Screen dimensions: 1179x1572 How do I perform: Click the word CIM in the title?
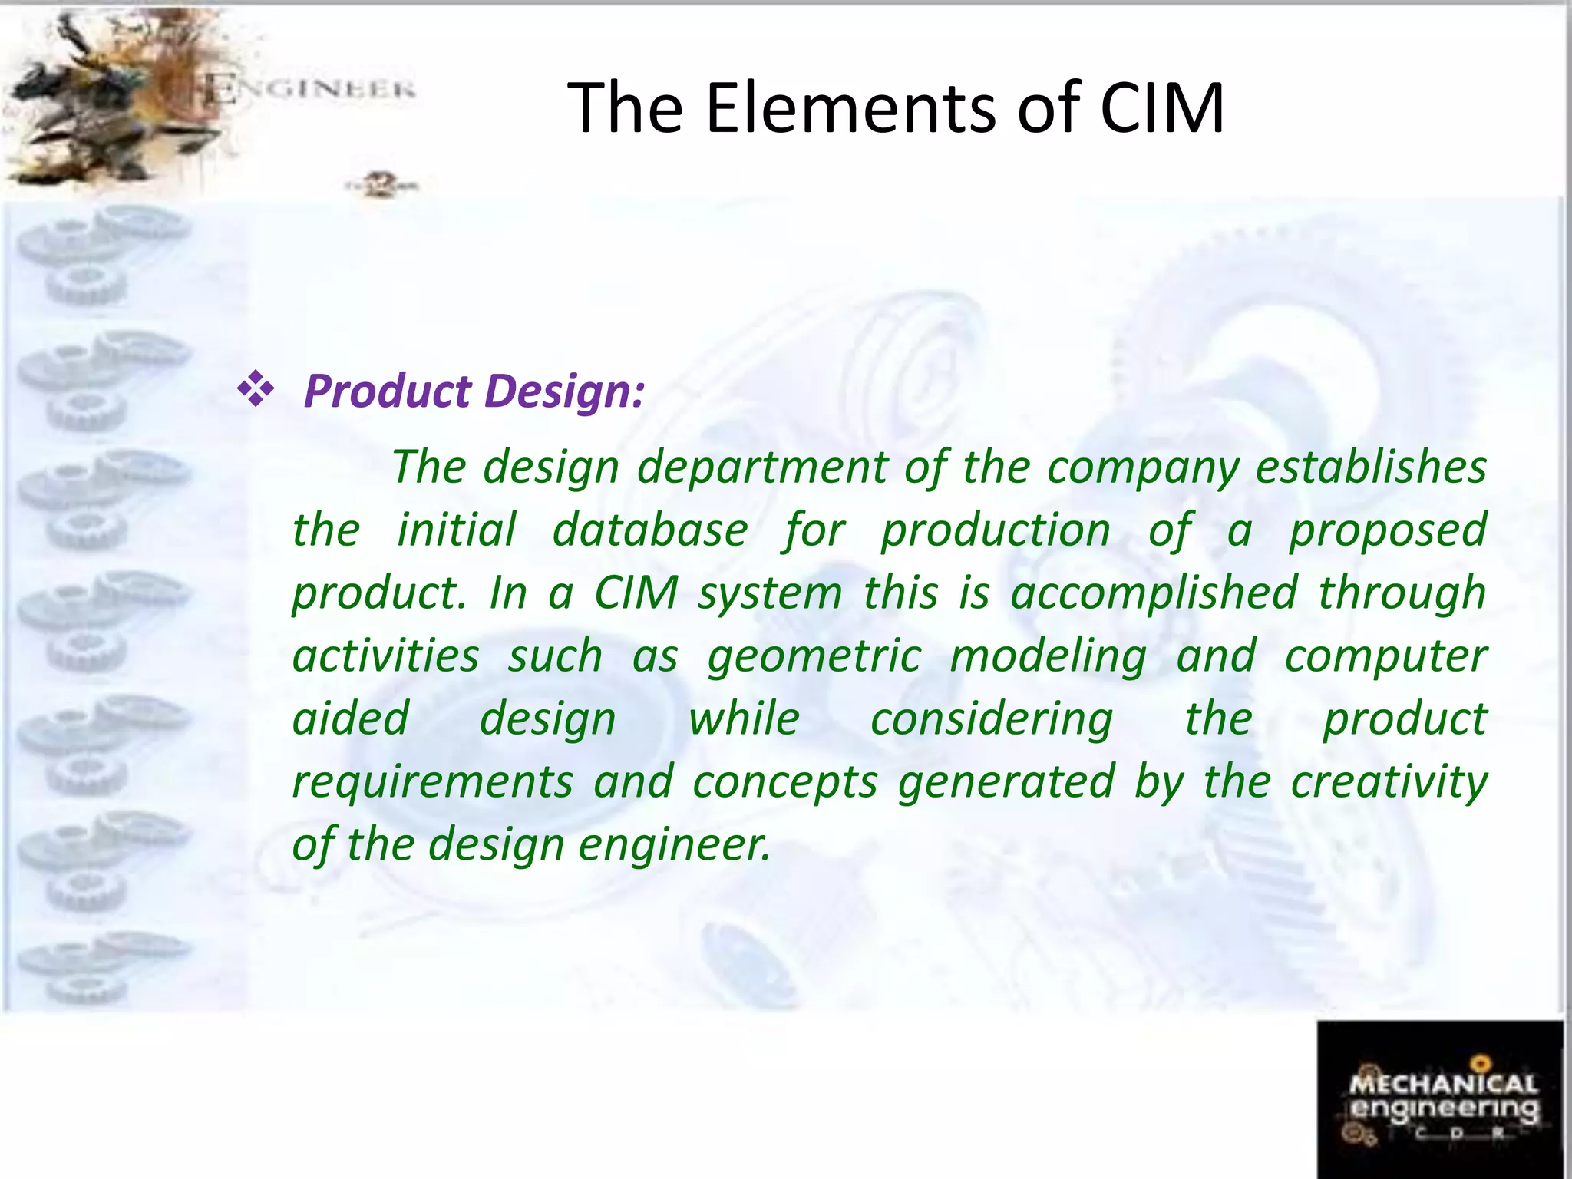point(1161,109)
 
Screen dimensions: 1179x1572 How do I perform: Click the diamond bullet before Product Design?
point(256,390)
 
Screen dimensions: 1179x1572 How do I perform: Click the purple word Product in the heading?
point(388,392)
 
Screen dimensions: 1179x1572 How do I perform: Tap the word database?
point(649,530)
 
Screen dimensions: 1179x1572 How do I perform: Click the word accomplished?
point(1153,593)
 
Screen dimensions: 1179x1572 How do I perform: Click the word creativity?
point(1389,783)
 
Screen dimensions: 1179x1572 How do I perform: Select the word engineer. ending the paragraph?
point(673,846)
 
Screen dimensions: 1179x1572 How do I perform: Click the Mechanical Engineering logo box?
point(1440,1099)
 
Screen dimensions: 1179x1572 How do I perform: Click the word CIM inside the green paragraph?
point(636,593)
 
